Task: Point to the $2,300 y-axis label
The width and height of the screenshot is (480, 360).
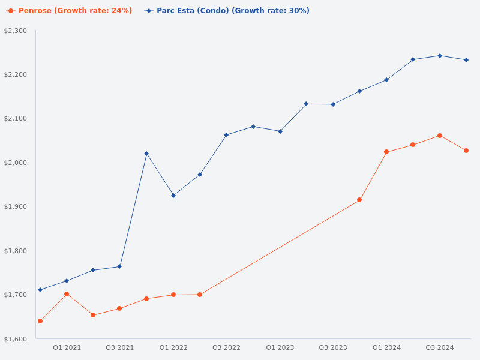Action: tap(16, 31)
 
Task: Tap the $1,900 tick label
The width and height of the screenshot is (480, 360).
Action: tap(16, 206)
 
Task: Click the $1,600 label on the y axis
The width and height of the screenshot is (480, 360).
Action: tap(16, 339)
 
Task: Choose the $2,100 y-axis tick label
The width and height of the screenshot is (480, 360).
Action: tap(16, 119)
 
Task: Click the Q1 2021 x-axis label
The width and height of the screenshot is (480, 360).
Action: tap(67, 347)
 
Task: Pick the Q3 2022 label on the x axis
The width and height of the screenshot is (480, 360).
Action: tap(226, 347)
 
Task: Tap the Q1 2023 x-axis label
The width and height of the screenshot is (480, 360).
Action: tap(280, 347)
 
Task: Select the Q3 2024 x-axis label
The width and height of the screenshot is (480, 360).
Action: tap(440, 347)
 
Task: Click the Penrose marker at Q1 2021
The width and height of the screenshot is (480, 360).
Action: tap(67, 294)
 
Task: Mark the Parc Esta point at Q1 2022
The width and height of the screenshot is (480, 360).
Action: tap(173, 196)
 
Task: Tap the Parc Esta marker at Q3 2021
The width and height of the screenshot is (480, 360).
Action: tap(119, 266)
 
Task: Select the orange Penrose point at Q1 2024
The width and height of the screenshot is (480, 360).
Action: tap(386, 152)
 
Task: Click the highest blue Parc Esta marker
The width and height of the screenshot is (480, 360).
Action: tap(440, 56)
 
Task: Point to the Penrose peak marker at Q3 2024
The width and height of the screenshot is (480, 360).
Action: tap(440, 136)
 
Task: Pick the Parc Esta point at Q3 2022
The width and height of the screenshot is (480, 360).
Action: tap(226, 135)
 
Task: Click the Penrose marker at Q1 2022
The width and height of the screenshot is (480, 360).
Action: tap(173, 295)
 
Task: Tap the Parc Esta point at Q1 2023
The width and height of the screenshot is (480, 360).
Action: tap(280, 131)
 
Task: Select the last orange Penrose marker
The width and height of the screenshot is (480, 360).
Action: tap(466, 151)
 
